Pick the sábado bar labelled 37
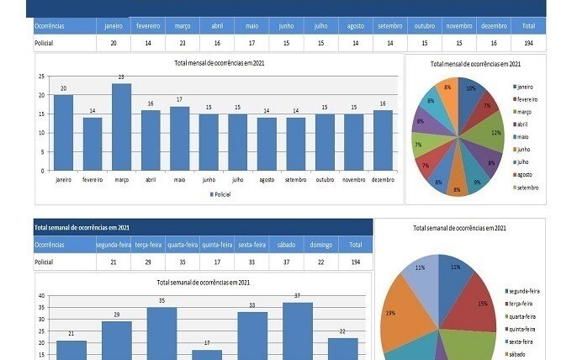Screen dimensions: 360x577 click(297, 331)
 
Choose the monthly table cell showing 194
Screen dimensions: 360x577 click(527, 42)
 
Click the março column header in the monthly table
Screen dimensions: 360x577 click(183, 26)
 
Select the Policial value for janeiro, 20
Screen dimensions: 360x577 click(113, 42)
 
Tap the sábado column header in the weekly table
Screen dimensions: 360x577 click(287, 245)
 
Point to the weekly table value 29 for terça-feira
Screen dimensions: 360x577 click(148, 262)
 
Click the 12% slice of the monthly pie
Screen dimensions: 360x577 click(495, 133)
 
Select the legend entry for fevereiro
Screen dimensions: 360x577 click(527, 100)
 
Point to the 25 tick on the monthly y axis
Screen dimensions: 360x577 click(41, 77)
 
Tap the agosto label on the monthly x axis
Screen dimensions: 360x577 click(267, 179)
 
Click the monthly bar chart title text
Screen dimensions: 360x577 click(219, 63)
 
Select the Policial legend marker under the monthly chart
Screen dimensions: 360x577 click(212, 194)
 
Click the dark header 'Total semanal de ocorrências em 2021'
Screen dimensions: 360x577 click(82, 228)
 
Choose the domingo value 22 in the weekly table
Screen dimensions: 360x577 click(320, 262)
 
